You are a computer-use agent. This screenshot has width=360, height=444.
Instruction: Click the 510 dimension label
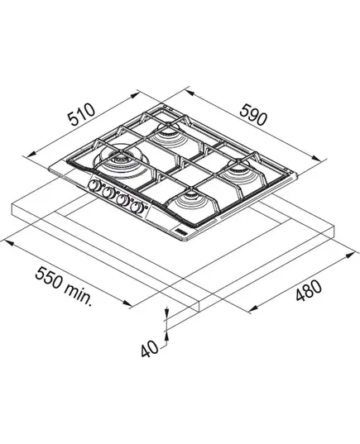(81, 114)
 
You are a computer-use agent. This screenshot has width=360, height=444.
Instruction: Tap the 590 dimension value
(253, 114)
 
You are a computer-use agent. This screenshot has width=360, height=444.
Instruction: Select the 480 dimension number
(309, 290)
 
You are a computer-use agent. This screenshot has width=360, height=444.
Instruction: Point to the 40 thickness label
(150, 349)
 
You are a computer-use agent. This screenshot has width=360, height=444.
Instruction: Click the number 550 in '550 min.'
(49, 278)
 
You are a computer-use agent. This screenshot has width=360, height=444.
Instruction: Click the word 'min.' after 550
(79, 294)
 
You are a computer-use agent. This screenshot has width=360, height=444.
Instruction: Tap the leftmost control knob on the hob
(94, 185)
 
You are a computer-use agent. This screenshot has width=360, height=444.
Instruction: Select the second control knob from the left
(108, 193)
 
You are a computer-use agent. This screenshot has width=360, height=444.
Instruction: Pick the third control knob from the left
(122, 200)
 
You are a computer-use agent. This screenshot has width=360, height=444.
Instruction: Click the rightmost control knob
(137, 208)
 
